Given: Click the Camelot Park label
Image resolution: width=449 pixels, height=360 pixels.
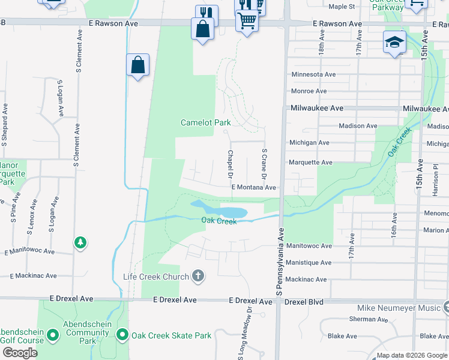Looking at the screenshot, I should click(x=206, y=122).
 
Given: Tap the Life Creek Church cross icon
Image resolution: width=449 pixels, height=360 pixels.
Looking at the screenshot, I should click(x=198, y=277).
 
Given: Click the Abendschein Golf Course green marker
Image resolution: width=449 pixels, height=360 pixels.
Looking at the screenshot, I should click(x=52, y=335).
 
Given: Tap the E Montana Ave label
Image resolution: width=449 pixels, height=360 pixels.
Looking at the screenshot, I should click(x=254, y=187).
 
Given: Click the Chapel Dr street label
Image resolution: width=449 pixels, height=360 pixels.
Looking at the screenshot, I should click(x=229, y=164).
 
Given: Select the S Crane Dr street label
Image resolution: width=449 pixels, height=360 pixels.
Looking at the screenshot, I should click(x=263, y=164).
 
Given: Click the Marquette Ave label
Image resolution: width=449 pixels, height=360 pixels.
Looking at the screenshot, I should click(x=310, y=163).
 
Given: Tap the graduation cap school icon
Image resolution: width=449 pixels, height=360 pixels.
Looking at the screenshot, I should click(x=394, y=42).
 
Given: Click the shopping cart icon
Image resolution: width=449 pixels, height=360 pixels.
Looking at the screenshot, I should click(x=247, y=21).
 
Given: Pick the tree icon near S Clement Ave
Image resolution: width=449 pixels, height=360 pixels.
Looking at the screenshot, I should click(x=80, y=242).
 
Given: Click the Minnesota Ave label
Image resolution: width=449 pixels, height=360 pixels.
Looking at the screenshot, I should click(x=313, y=74).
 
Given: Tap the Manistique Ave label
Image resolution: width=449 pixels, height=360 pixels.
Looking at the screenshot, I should click(x=309, y=263).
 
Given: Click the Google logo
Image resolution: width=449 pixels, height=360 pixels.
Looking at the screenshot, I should click(x=19, y=353).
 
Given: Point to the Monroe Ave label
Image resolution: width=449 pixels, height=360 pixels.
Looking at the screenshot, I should click(x=309, y=91).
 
